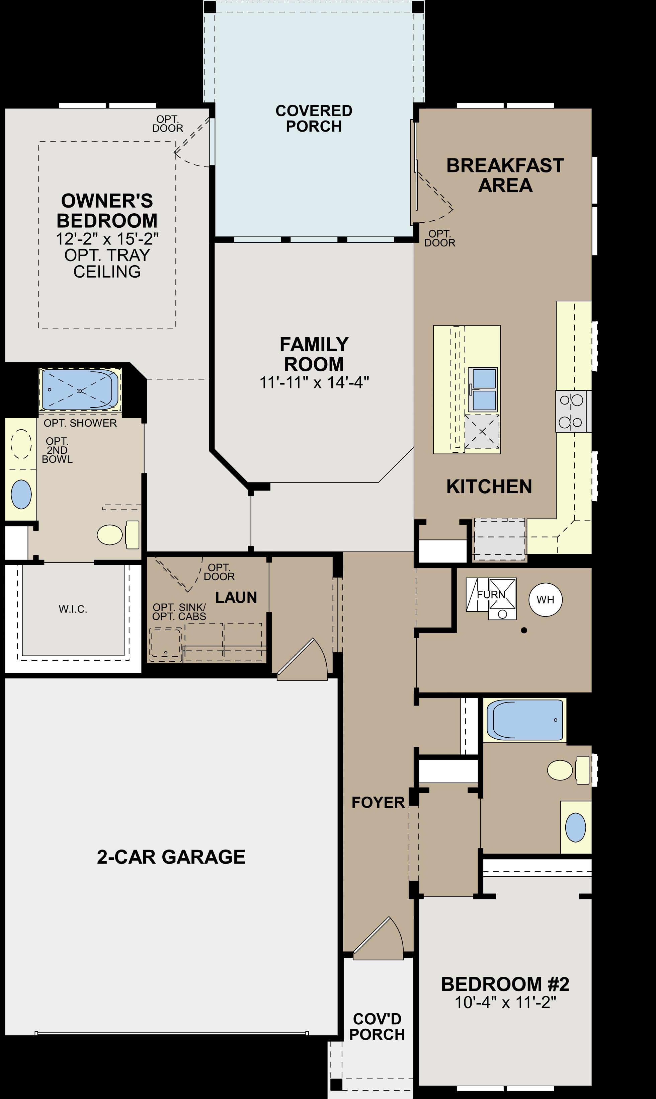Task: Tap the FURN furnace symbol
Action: tap(491, 594)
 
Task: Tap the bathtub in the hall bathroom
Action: tap(524, 720)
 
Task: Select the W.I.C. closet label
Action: tap(73, 609)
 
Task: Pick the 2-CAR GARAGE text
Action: tap(171, 857)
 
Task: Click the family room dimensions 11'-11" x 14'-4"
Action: tap(314, 382)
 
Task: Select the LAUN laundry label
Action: tap(236, 597)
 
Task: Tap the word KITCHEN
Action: tap(489, 487)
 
